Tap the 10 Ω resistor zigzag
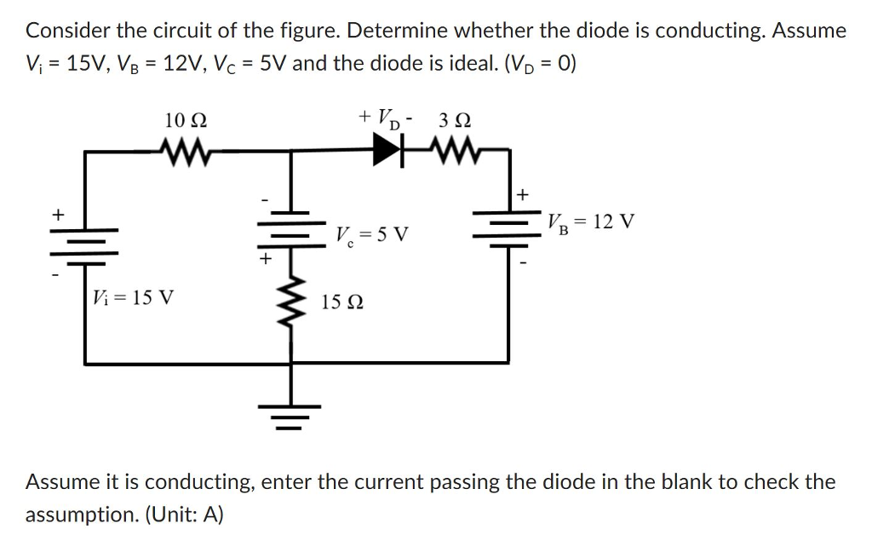(x=185, y=152)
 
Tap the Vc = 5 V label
(x=372, y=233)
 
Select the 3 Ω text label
(x=455, y=119)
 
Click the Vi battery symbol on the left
(x=84, y=240)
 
